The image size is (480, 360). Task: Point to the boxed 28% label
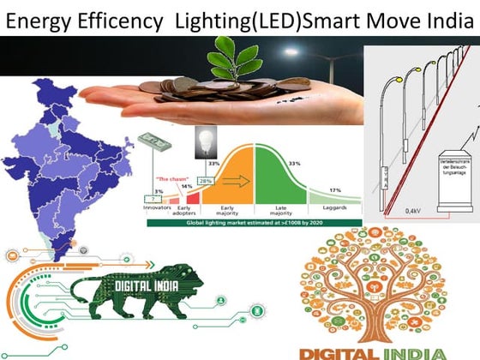pos(206,182)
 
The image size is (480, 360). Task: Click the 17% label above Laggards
pos(335,189)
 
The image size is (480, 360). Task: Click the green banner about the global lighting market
pos(249,222)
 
